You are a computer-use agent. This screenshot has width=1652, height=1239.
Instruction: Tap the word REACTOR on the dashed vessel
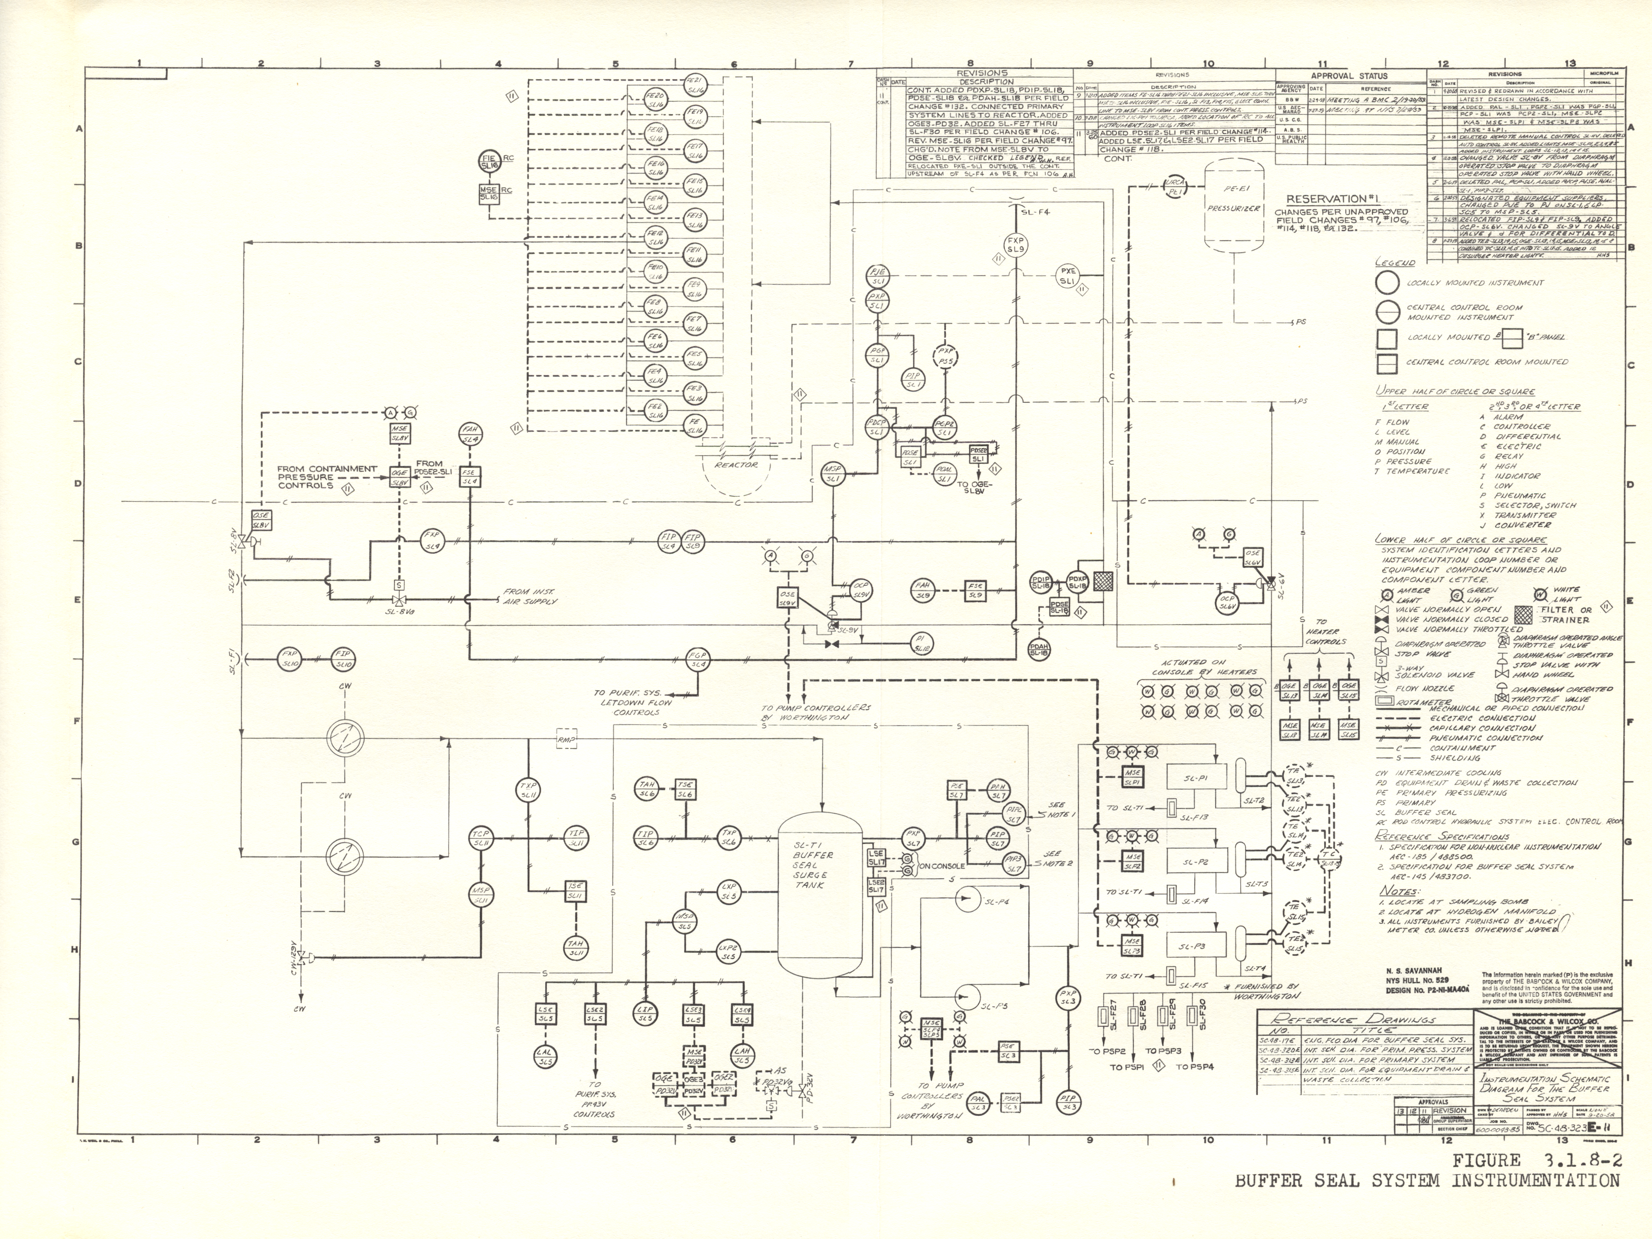click(x=736, y=464)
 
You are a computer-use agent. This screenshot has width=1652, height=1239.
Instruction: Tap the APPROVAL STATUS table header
click(x=1349, y=75)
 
